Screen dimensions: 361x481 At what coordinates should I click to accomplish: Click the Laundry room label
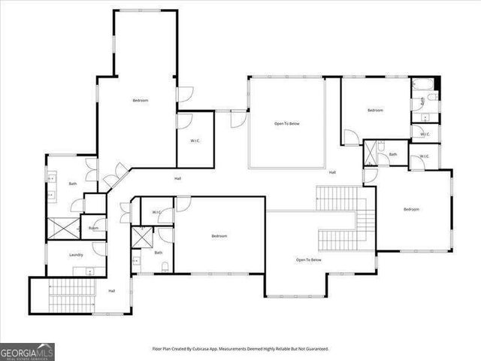[x=76, y=255]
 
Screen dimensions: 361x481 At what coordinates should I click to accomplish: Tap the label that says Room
[x=93, y=228]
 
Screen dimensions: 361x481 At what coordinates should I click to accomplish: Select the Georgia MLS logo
[x=27, y=351]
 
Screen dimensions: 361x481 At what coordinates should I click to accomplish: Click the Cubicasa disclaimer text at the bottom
[x=240, y=349]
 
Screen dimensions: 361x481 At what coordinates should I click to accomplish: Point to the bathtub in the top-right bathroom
[x=421, y=84]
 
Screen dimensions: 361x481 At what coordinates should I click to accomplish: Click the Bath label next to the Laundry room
[x=73, y=184]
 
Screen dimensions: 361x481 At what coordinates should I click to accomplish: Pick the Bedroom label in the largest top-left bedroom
[x=141, y=101]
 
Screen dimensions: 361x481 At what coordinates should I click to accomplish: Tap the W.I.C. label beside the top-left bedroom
[x=194, y=140]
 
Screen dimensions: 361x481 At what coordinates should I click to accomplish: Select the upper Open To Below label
[x=286, y=123]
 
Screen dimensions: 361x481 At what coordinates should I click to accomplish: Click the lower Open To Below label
[x=308, y=259]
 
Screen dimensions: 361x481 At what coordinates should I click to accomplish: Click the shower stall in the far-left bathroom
[x=62, y=228]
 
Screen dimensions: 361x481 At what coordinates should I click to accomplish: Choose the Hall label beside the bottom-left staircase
[x=112, y=291]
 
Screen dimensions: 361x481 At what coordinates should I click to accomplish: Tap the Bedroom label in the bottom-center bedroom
[x=219, y=236]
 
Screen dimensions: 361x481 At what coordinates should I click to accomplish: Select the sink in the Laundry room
[x=89, y=271]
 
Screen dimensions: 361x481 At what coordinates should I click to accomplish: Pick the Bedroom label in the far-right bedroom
[x=410, y=209]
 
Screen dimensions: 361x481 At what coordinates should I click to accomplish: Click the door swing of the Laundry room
[x=100, y=248]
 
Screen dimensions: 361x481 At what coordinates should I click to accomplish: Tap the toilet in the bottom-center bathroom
[x=137, y=261]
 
